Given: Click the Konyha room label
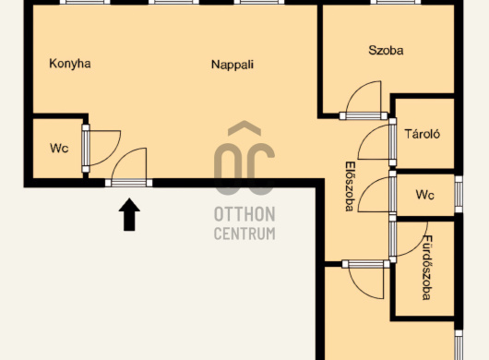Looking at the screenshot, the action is tap(70, 64).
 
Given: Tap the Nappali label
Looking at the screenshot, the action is tap(233, 65).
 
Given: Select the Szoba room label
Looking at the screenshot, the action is tap(386, 50).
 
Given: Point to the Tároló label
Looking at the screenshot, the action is tap(423, 134).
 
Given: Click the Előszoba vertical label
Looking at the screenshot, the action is tap(351, 186).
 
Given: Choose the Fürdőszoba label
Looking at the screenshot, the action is tap(427, 268).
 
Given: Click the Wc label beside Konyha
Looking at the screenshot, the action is tap(59, 148).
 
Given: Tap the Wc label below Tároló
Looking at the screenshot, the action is tap(424, 195).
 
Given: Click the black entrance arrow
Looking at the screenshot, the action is tap(129, 215).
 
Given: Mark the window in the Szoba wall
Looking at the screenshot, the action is tap(396, 2).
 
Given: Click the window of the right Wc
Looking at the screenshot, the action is tap(459, 194).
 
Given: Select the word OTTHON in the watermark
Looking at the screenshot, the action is tap(244, 214).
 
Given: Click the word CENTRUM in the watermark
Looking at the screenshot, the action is tap(244, 234).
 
